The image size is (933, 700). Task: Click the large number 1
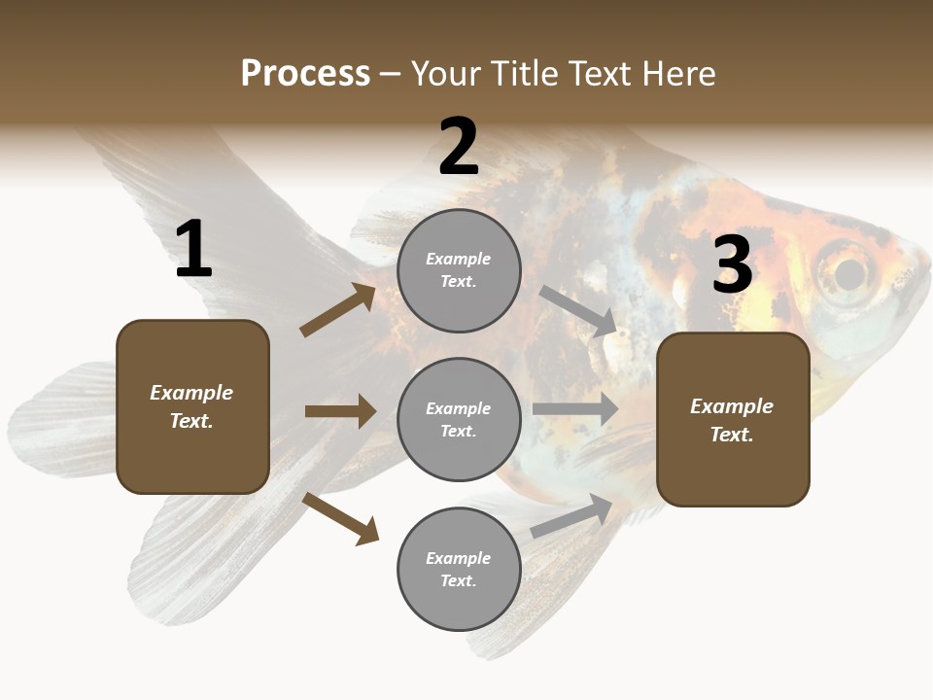pyautogui.click(x=193, y=250)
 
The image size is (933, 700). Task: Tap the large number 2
pyautogui.click(x=459, y=147)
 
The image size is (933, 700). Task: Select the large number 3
pyautogui.click(x=732, y=264)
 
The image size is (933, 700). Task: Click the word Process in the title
pyautogui.click(x=305, y=73)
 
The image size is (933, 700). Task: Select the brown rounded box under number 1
pyautogui.click(x=192, y=406)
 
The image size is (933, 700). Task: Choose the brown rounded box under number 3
pyautogui.click(x=733, y=419)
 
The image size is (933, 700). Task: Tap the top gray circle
pyautogui.click(x=459, y=270)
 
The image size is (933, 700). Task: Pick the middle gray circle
pyautogui.click(x=459, y=419)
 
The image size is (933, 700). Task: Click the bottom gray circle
pyautogui.click(x=459, y=569)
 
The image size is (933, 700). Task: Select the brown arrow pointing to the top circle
pyautogui.click(x=337, y=310)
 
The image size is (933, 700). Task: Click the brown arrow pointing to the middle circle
pyautogui.click(x=340, y=411)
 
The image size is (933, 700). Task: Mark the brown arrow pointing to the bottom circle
pyautogui.click(x=341, y=518)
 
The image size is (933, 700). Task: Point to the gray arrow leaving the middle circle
pyautogui.click(x=575, y=409)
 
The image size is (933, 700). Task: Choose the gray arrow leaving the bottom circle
pyautogui.click(x=572, y=516)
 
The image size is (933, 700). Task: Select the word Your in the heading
pyautogui.click(x=445, y=73)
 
